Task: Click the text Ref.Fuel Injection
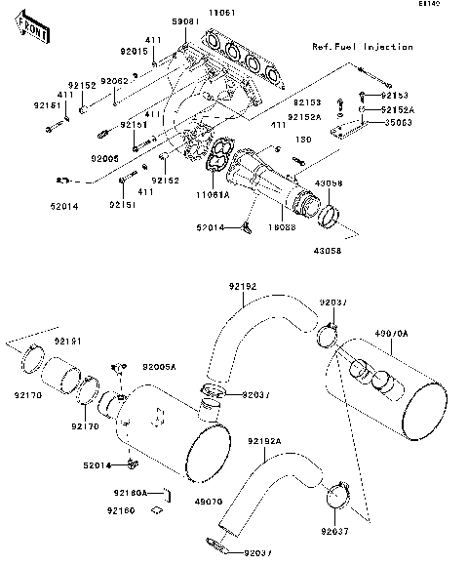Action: click(362, 47)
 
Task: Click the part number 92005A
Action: click(161, 368)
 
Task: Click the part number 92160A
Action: click(130, 493)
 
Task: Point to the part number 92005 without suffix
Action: click(105, 157)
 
